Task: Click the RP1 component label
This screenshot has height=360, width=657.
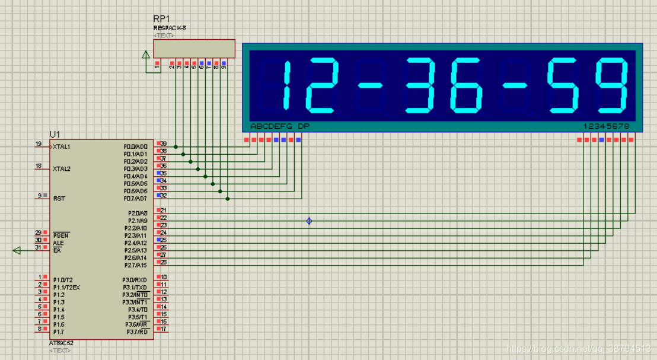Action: tap(161, 19)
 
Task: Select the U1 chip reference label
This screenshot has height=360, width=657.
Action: tap(55, 134)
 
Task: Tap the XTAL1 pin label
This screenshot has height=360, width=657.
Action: tap(62, 146)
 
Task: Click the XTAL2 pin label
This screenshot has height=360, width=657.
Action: tap(62, 169)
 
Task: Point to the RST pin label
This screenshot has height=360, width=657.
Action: tap(59, 199)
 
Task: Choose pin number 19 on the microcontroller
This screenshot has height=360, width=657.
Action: tap(39, 144)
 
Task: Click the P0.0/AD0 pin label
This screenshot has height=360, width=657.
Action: tap(136, 146)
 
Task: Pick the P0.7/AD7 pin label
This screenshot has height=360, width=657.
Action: tap(136, 198)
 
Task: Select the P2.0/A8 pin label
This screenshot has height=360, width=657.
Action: tap(137, 214)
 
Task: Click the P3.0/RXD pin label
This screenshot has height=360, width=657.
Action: tap(135, 280)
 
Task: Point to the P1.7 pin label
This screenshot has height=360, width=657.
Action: tap(58, 332)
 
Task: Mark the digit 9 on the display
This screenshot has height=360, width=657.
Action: tap(613, 85)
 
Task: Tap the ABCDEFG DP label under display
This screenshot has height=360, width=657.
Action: tap(280, 126)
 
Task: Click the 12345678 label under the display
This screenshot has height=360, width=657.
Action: tap(606, 126)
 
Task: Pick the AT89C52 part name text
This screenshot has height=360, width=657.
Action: tap(62, 343)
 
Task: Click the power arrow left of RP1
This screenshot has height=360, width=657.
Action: tap(146, 55)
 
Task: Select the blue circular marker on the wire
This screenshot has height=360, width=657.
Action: tap(309, 221)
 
